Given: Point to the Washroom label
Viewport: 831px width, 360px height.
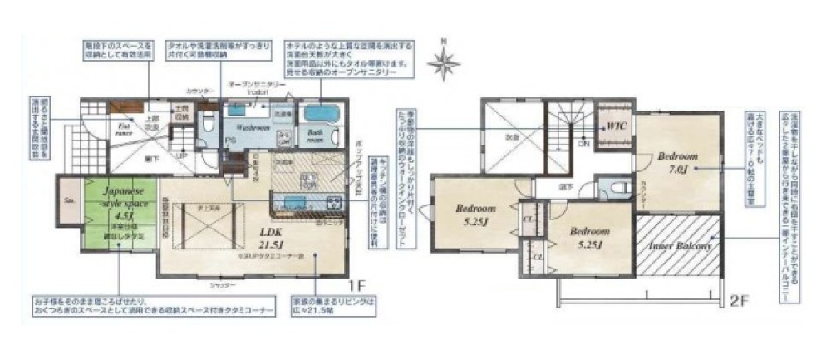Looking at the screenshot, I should pos(246,129).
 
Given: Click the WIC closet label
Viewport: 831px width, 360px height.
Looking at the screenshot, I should pos(616,126).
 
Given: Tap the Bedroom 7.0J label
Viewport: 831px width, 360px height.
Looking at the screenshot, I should pos(673,162).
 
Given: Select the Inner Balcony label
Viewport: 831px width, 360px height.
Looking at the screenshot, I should pos(678,247).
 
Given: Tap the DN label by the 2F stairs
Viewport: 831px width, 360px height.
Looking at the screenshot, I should pos(584,143).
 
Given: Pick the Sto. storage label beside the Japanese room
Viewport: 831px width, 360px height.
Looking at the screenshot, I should pos(67,200).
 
